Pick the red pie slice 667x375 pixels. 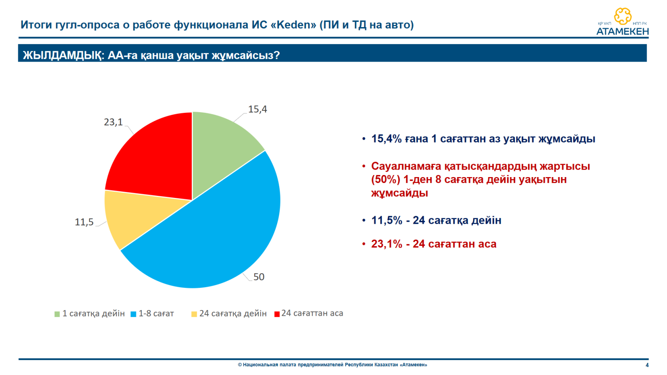(x=155, y=158)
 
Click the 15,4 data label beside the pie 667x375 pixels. (x=258, y=110)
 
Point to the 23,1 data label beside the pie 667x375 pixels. (x=113, y=122)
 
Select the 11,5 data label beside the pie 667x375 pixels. (x=84, y=222)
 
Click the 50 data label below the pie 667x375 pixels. (x=259, y=277)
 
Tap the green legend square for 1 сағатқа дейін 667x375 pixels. (x=57, y=314)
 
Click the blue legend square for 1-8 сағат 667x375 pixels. (x=133, y=314)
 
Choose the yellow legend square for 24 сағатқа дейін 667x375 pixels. (x=194, y=314)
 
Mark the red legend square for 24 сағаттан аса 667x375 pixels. (x=277, y=314)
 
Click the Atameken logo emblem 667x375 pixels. (x=623, y=16)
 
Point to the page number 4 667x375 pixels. (x=647, y=365)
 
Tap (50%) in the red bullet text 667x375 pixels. (x=386, y=180)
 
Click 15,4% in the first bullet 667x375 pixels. (x=386, y=139)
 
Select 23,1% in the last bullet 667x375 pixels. (x=386, y=244)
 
